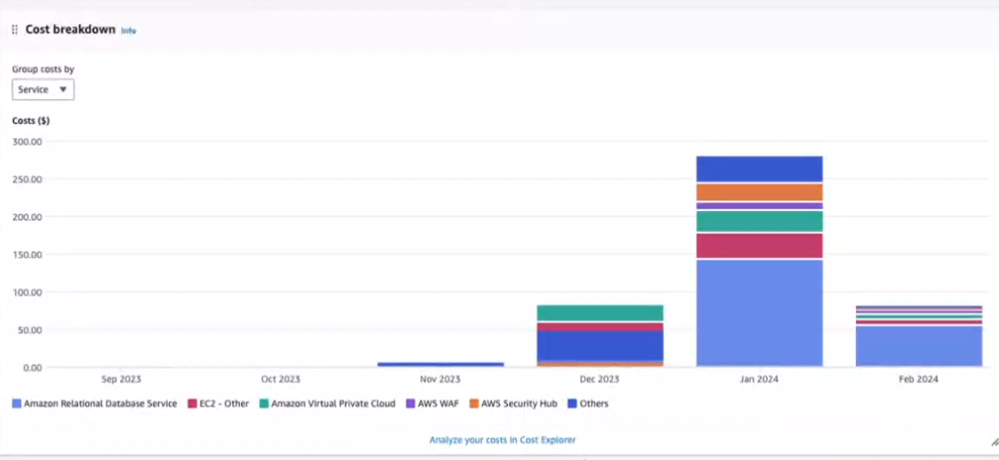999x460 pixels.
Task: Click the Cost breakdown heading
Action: click(69, 30)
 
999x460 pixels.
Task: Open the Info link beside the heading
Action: click(128, 31)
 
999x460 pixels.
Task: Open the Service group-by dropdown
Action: click(43, 89)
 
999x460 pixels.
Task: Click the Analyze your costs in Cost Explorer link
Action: click(502, 439)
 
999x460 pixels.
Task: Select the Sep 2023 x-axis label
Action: click(122, 379)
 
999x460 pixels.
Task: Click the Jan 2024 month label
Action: click(759, 379)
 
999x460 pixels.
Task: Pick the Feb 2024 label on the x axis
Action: click(918, 379)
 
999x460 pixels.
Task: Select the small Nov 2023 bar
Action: click(440, 364)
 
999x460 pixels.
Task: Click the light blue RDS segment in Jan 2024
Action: click(759, 312)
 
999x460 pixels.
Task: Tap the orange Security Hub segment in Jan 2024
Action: click(759, 192)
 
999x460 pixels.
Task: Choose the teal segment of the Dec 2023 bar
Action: click(600, 313)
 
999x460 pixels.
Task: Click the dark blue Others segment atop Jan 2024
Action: click(759, 169)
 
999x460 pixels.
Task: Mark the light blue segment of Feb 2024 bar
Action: click(918, 346)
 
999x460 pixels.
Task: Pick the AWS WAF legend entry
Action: click(435, 403)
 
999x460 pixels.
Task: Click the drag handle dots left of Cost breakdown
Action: click(14, 30)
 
